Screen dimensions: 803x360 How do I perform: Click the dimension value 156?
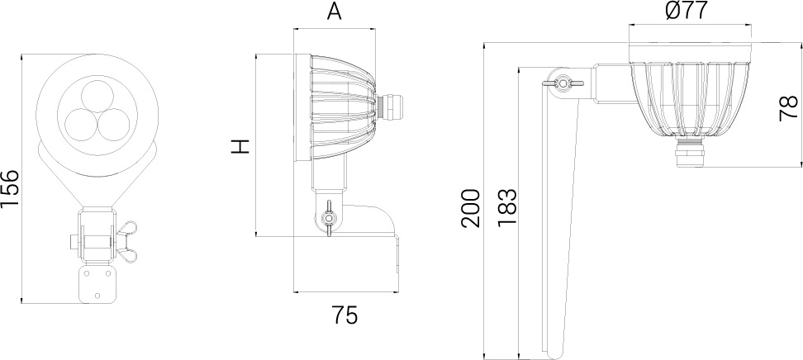[x=10, y=188]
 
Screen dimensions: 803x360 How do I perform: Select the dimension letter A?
[x=334, y=12]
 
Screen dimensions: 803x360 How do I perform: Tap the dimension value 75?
[x=345, y=315]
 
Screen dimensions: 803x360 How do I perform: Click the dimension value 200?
[x=470, y=208]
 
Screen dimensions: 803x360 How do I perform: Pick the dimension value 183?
[x=507, y=208]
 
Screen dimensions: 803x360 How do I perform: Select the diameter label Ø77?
[x=687, y=11]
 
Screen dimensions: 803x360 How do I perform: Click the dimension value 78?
[x=788, y=108]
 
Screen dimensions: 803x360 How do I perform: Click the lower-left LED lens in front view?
[x=81, y=125]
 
